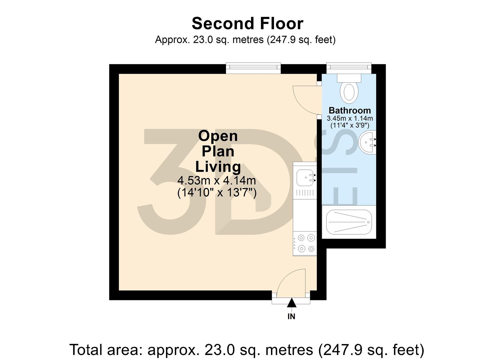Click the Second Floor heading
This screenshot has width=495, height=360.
point(247,24)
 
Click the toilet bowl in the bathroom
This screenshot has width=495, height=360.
point(349,92)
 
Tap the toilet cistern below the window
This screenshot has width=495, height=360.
point(349,78)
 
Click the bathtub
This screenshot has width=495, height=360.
point(349,222)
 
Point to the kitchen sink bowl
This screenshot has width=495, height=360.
point(304,177)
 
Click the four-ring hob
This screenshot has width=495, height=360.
point(306,243)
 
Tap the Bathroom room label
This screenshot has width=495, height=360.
point(349,110)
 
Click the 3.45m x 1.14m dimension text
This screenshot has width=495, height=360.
point(349,118)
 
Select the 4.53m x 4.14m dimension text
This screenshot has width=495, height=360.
point(217,181)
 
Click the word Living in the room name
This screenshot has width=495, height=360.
point(218,166)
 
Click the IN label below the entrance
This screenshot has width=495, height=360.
point(291,316)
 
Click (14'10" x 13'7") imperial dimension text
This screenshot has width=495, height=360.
point(217,193)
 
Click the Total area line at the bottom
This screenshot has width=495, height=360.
point(247,350)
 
